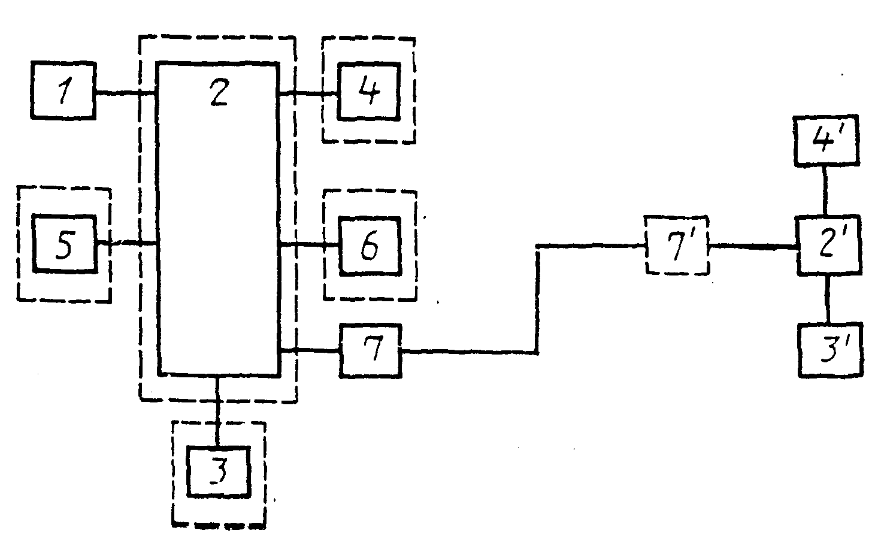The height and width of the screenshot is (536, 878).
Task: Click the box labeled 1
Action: coord(63,90)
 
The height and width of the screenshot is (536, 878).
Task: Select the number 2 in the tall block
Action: coord(219,92)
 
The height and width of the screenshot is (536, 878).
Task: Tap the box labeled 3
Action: coord(219,472)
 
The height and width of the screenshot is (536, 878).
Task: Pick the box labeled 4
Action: coord(369,91)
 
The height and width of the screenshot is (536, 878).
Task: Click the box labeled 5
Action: coord(64,243)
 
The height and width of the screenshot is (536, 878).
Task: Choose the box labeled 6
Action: coord(370,246)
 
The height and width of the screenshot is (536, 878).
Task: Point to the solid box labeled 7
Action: coord(370,351)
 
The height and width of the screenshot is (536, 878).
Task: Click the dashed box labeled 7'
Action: coord(677,245)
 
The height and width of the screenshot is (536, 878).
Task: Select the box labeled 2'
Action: coord(829,246)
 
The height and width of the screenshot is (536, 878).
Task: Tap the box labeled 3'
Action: coord(831,350)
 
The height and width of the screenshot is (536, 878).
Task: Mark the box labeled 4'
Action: coord(826,141)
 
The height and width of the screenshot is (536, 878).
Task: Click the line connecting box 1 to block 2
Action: coord(126,93)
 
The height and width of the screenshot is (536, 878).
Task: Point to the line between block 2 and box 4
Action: coord(308,93)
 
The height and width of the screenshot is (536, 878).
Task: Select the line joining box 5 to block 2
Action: coord(127,244)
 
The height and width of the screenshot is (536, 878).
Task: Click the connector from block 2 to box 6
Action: coord(309,244)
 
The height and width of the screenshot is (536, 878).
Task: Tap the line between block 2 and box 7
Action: coord(310,351)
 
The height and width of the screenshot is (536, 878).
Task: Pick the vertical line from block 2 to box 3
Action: coord(218,411)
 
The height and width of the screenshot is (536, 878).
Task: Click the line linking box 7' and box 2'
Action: coord(753,247)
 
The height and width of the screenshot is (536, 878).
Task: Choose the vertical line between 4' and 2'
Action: coord(825,191)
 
